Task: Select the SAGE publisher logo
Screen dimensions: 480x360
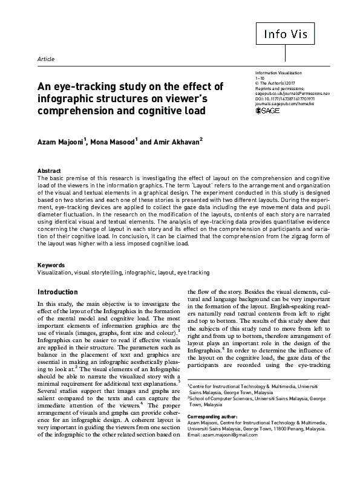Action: [269, 111]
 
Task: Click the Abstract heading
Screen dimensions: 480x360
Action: [49, 171]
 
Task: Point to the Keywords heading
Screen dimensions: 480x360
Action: [51, 265]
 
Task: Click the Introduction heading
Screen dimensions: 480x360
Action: [57, 291]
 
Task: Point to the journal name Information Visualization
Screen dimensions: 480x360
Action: [278, 73]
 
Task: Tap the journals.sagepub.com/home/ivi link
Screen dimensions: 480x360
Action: [284, 104]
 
